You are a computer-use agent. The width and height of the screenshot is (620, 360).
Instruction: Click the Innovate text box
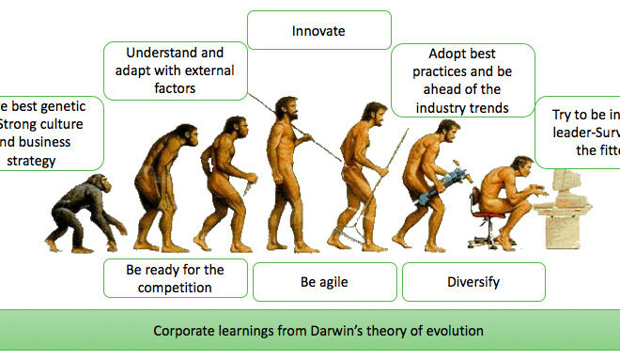318,32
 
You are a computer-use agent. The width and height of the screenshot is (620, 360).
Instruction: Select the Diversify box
473,281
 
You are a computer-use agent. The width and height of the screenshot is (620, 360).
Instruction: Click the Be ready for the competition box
175,278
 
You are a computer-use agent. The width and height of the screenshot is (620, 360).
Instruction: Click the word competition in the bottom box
175,289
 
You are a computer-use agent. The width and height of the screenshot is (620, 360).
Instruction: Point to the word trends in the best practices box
489,107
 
